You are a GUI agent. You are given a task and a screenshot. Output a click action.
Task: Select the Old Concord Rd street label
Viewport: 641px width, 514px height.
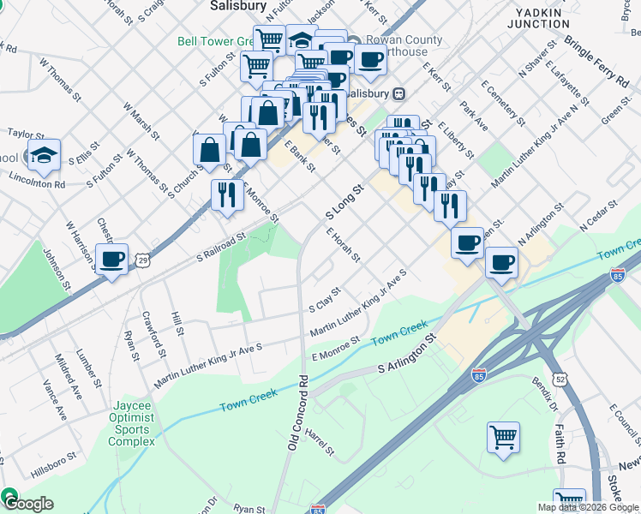pyautogui.click(x=297, y=412)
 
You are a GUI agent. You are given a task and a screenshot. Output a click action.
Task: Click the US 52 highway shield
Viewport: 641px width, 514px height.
pyautogui.click(x=560, y=378)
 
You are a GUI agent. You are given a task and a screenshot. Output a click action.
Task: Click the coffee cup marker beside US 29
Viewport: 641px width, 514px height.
pyautogui.click(x=111, y=259)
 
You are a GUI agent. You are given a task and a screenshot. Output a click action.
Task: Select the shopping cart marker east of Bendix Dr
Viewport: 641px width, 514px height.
pyautogui.click(x=503, y=437)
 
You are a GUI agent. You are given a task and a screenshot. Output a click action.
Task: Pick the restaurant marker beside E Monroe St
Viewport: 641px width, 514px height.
pyautogui.click(x=227, y=194)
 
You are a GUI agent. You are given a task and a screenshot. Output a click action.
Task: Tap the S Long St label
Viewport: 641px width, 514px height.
pyautogui.click(x=345, y=199)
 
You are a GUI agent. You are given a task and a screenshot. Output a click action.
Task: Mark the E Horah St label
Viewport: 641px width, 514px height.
pyautogui.click(x=343, y=244)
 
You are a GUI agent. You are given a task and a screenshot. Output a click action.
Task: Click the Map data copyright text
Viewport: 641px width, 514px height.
pyautogui.click(x=587, y=507)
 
